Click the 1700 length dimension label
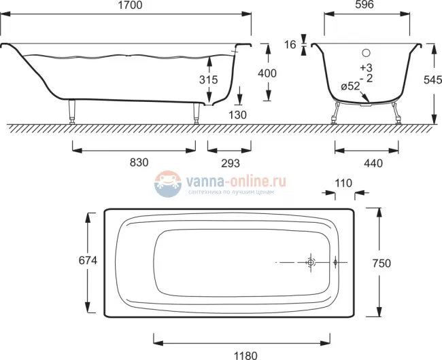(130, 5)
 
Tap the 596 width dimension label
(364, 4)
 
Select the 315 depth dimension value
(209, 79)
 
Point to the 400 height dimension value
(267, 73)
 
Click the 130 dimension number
(237, 115)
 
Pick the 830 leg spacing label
(139, 162)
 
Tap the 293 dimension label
(231, 163)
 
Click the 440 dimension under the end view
(373, 163)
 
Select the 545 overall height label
(432, 80)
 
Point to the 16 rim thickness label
(290, 44)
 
